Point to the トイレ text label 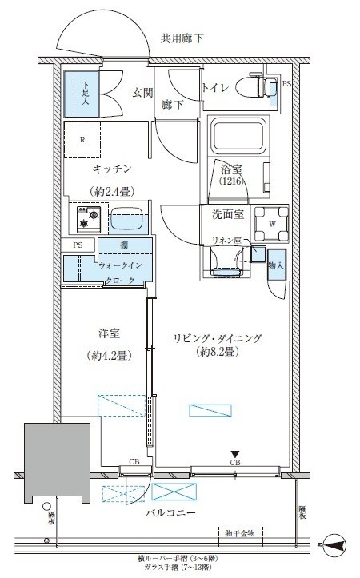pos(216,89)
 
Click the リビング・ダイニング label pos(216,338)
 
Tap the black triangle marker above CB pos(235,453)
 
